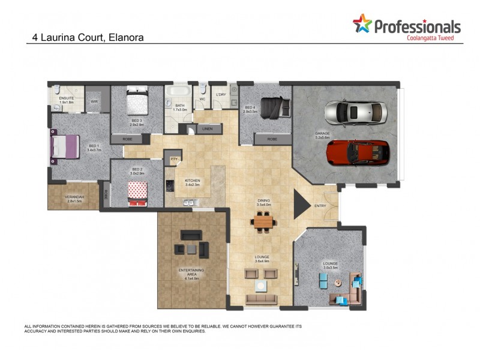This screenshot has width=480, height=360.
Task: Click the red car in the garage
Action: tap(358, 153)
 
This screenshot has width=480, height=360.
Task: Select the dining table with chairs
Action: tap(263, 223)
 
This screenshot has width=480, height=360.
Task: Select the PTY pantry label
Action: tap(173, 158)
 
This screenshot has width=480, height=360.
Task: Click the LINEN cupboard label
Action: tap(207, 128)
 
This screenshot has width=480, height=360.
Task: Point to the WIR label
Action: tap(94, 102)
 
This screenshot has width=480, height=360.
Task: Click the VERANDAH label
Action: tap(75, 198)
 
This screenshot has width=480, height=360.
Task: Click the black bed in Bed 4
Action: tap(277, 106)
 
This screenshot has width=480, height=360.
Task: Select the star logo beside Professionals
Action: tap(362, 24)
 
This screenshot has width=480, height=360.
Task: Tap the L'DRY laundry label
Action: tap(220, 95)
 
